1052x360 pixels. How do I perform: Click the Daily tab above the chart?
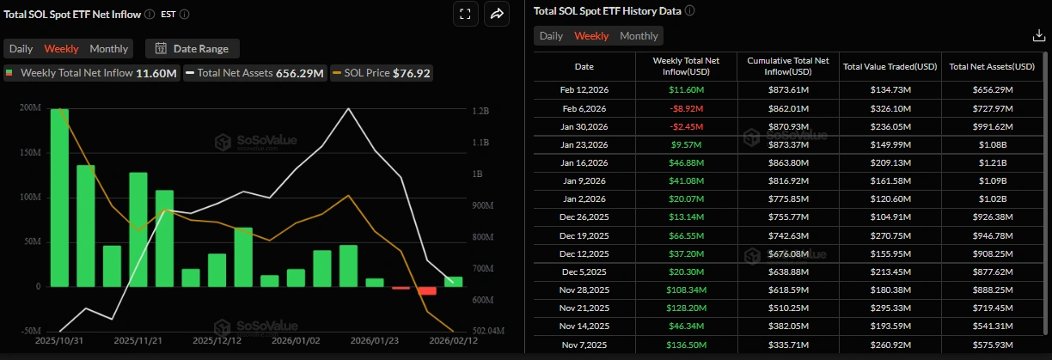(21, 49)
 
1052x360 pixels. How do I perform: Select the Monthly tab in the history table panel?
(639, 36)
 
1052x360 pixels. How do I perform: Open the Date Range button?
(193, 49)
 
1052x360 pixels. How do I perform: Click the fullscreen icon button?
(464, 14)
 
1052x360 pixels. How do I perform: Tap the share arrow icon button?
(497, 14)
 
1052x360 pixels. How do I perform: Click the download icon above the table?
(1038, 36)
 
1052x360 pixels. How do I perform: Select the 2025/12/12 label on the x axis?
(217, 341)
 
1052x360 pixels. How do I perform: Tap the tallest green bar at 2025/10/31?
(59, 198)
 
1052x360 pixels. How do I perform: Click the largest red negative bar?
(427, 291)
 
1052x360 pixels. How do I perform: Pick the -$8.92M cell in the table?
(686, 108)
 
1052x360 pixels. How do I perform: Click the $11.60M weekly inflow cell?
(686, 89)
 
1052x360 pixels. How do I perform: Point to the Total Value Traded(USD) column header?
(890, 66)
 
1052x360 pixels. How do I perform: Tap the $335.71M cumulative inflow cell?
(788, 345)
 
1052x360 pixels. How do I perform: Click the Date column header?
(584, 66)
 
